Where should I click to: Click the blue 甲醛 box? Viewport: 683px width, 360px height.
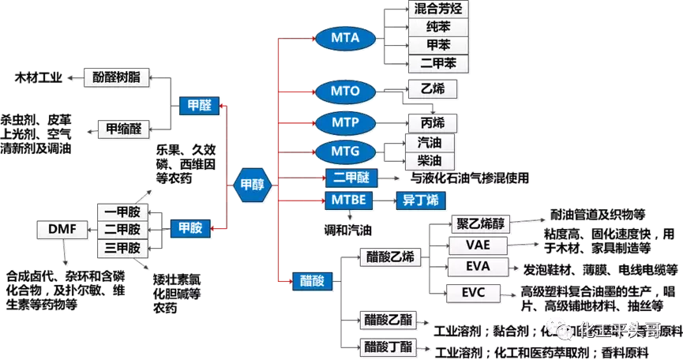194,104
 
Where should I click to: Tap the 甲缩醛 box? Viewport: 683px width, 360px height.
123,127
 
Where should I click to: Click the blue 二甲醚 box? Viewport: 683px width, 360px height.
352,178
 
